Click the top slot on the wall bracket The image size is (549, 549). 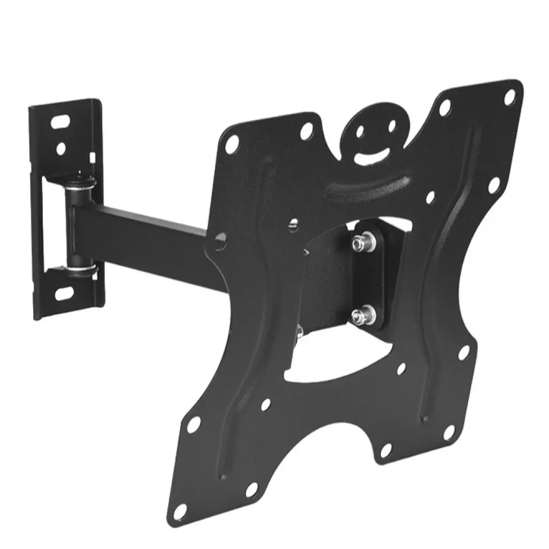coord(64,120)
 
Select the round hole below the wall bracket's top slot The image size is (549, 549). coord(62,146)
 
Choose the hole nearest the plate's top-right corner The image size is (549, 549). coord(510,97)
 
